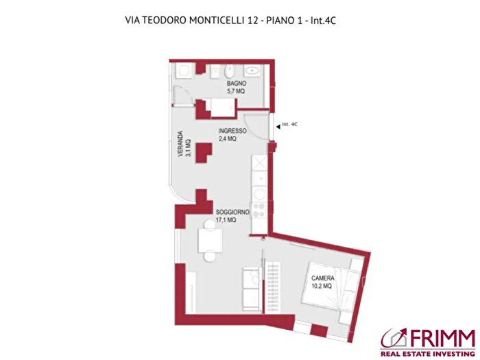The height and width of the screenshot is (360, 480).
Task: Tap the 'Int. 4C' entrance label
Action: coord(291,125)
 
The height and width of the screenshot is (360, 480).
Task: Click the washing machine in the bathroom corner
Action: coord(184,71)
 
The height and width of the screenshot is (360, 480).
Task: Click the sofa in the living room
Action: coord(250,287)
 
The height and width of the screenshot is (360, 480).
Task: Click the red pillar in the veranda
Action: coord(204,153)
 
